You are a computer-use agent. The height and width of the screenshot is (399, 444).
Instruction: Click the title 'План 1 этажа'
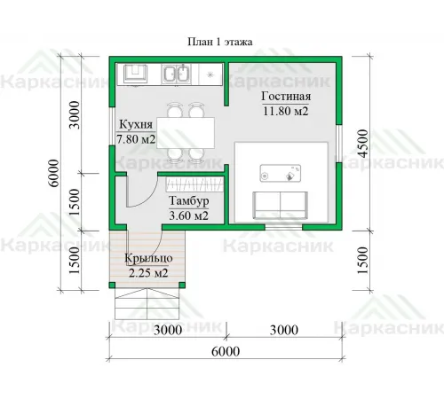tap(220, 42)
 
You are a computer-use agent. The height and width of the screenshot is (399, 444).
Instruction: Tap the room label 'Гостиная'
tap(286, 97)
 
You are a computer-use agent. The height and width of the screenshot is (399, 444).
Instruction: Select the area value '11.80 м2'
tap(286, 111)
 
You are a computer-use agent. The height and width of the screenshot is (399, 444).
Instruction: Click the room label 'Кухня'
tap(136, 124)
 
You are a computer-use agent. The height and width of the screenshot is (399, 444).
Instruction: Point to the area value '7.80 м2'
tap(136, 139)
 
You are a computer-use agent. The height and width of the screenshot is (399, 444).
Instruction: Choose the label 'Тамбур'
tap(189, 201)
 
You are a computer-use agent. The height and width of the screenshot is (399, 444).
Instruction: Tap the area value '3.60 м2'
tap(189, 215)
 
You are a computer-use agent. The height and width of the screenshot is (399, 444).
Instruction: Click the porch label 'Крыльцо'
tap(148, 258)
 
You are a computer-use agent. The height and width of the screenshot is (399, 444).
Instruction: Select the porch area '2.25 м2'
tap(148, 272)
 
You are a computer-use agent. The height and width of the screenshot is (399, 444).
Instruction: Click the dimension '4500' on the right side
tap(362, 144)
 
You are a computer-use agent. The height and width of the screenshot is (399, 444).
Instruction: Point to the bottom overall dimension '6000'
tap(226, 351)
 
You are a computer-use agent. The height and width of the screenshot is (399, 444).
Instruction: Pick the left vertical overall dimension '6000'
tap(54, 173)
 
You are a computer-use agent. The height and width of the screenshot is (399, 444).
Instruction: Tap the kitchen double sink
tap(176, 74)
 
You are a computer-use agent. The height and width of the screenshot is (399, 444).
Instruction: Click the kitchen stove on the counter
tap(135, 74)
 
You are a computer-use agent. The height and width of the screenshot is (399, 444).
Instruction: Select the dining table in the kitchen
tap(186, 133)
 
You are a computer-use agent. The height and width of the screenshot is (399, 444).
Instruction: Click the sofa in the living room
tap(280, 206)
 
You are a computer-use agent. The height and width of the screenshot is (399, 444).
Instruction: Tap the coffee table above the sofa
tap(281, 173)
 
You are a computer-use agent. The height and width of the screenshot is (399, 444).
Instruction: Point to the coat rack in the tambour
tap(194, 184)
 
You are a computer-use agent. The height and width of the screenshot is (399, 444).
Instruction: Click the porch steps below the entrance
tap(147, 304)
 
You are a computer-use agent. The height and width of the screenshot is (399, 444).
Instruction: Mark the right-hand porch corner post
tap(182, 286)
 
